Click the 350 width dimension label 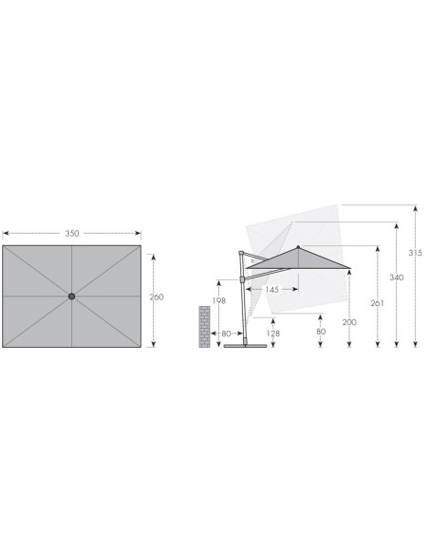point(72,233)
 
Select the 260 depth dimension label point(157,297)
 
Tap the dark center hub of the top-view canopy point(72,297)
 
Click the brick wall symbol point(204,327)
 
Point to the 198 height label point(218,300)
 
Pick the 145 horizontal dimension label point(271,290)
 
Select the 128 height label point(273,333)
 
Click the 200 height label point(349,322)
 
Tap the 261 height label point(378,303)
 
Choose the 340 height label point(397,277)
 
